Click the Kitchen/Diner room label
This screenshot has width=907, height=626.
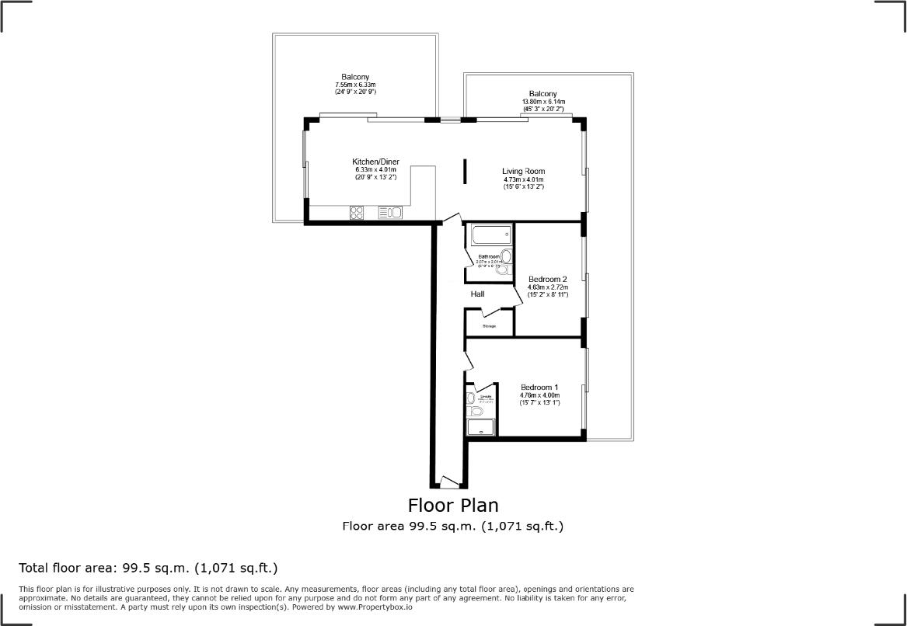point(375,162)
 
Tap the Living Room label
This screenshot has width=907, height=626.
point(523,171)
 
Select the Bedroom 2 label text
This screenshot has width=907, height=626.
point(547,279)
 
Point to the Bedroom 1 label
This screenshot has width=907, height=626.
point(539,388)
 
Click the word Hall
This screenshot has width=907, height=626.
point(477,294)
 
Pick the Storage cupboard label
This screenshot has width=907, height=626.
point(489,326)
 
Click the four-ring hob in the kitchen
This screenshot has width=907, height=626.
point(358,212)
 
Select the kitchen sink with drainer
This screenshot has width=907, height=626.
point(390,212)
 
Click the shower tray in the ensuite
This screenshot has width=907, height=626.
point(481,427)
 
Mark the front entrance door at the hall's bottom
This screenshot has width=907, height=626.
point(448,482)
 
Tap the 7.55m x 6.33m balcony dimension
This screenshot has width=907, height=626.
point(355,85)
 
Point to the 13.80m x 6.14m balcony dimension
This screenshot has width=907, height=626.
point(543,102)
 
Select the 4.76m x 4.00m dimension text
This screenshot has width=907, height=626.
point(539,395)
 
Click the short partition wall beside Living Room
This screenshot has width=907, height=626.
point(466,172)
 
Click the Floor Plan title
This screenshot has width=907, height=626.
point(453,506)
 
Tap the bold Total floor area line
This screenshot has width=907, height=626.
point(148,567)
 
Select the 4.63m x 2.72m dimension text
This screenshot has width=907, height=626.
point(547,287)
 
